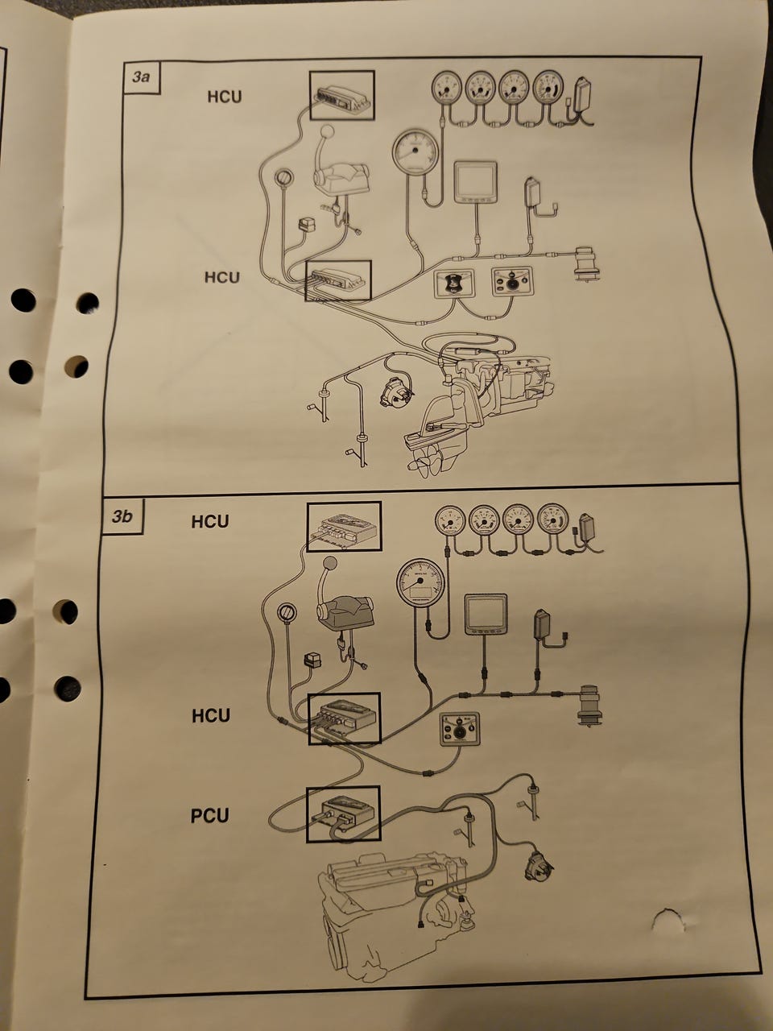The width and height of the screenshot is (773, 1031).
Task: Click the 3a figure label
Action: tap(142, 77)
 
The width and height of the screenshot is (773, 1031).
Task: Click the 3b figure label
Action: tap(122, 516)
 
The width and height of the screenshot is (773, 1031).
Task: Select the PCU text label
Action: tap(209, 816)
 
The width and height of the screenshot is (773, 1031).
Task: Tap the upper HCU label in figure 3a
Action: tap(224, 97)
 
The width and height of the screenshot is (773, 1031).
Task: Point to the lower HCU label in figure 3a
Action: tap(221, 277)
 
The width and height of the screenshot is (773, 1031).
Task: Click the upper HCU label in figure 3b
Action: tap(209, 521)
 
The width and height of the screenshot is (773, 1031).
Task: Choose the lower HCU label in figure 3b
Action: tap(210, 715)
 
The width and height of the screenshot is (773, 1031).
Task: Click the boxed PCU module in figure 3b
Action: tap(343, 814)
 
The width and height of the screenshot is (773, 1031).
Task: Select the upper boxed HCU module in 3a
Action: tap(342, 95)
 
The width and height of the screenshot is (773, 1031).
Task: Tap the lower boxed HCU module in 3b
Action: tap(345, 718)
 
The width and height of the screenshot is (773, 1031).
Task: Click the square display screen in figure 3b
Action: tap(486, 615)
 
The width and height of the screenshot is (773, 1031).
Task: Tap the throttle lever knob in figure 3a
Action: tap(328, 134)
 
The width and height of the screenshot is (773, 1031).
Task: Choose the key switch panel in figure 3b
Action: tap(459, 730)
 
